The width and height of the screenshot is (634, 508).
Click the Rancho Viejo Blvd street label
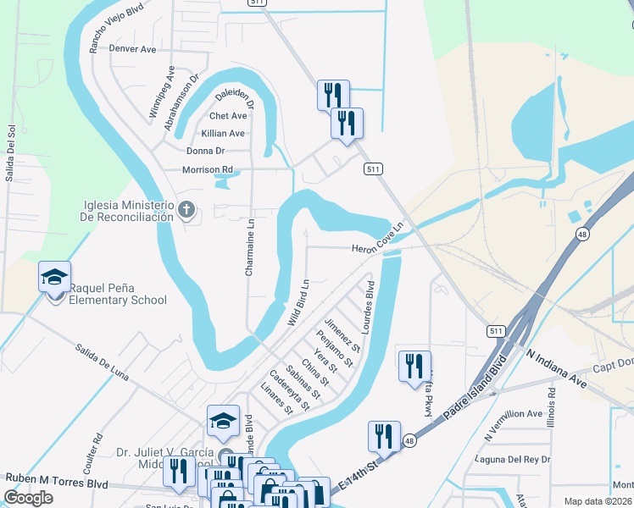116,27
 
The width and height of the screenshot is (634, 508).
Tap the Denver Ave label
133,49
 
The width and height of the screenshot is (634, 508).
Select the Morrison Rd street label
208,169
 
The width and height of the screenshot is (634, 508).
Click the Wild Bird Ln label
298,302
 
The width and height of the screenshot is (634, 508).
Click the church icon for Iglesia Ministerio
186,208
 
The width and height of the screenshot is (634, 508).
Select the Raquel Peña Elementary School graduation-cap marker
53,278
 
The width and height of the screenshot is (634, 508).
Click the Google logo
28,498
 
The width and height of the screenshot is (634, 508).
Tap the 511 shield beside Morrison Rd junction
373,169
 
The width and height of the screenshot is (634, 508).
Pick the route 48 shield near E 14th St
409,440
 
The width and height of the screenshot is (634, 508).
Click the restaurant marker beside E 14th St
384,436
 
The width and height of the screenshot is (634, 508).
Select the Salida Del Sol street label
11,153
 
